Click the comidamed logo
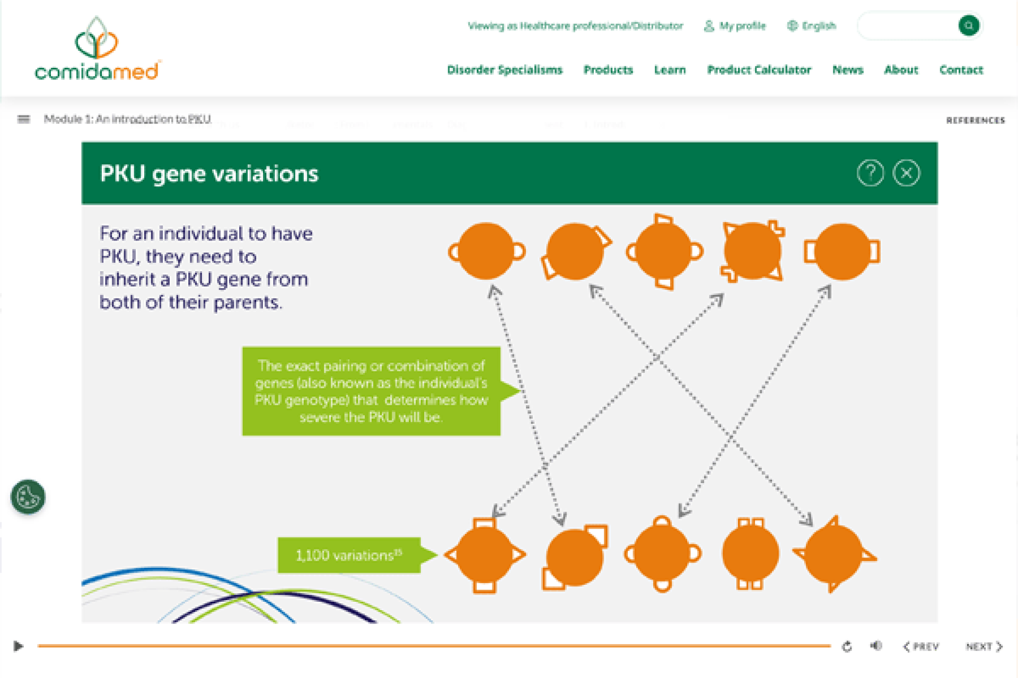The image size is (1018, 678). coord(97,50)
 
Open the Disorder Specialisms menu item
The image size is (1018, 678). coord(504,70)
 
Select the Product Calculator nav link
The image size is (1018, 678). coord(759,70)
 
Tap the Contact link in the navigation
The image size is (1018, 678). coord(961,70)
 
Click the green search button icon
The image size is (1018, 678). coord(968,25)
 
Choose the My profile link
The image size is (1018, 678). coord(735,26)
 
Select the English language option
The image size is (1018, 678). coord(812,26)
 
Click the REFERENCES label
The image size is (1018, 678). coord(975,120)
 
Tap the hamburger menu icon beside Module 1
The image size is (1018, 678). coord(24,119)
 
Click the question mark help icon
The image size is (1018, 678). coord(870,173)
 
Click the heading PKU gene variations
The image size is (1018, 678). coord(209,174)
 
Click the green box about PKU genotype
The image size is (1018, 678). coord(371,391)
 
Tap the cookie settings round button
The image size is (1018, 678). coord(28,497)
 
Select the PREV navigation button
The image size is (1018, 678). coord(921,646)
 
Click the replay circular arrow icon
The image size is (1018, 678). coord(847,646)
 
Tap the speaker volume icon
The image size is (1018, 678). coord(876,646)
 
